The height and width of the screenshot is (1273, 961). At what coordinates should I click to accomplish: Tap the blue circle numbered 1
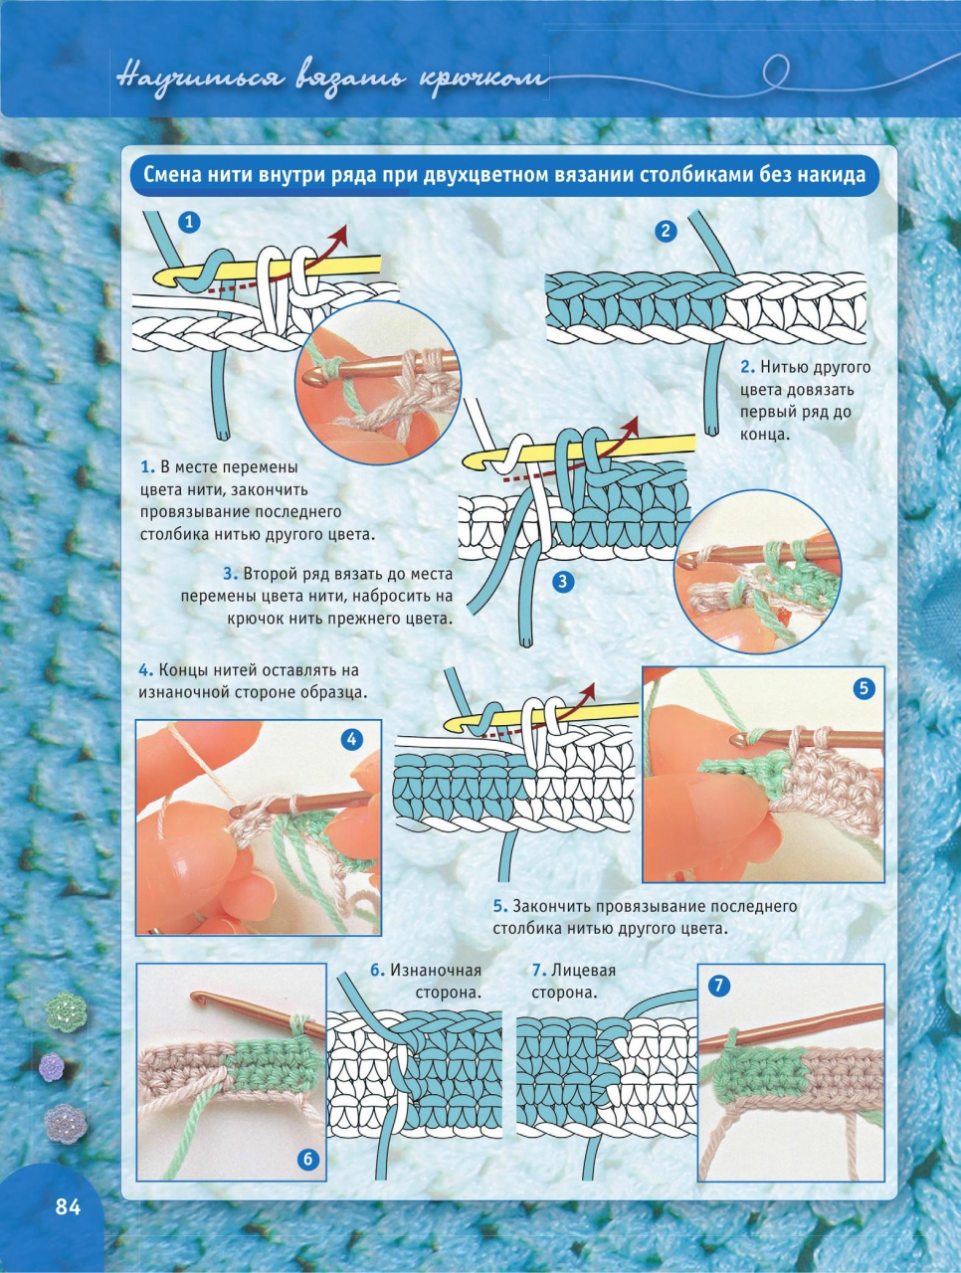point(189,222)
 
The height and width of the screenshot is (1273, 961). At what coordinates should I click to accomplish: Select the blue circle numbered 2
point(666,231)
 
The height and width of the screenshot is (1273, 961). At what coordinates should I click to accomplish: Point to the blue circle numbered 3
point(562,581)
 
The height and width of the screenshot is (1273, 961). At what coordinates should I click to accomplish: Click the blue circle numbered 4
point(351,739)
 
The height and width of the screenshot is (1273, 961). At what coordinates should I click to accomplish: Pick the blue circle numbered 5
point(864,688)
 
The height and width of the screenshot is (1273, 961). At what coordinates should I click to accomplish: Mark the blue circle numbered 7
point(719,985)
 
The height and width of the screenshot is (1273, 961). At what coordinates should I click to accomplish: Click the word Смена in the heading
point(171,175)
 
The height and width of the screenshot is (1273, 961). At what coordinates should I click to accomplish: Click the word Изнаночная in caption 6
point(436,970)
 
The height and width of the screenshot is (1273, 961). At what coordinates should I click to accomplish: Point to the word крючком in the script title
point(484,79)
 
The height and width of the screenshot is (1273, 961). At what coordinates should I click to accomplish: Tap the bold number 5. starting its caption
point(500,906)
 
